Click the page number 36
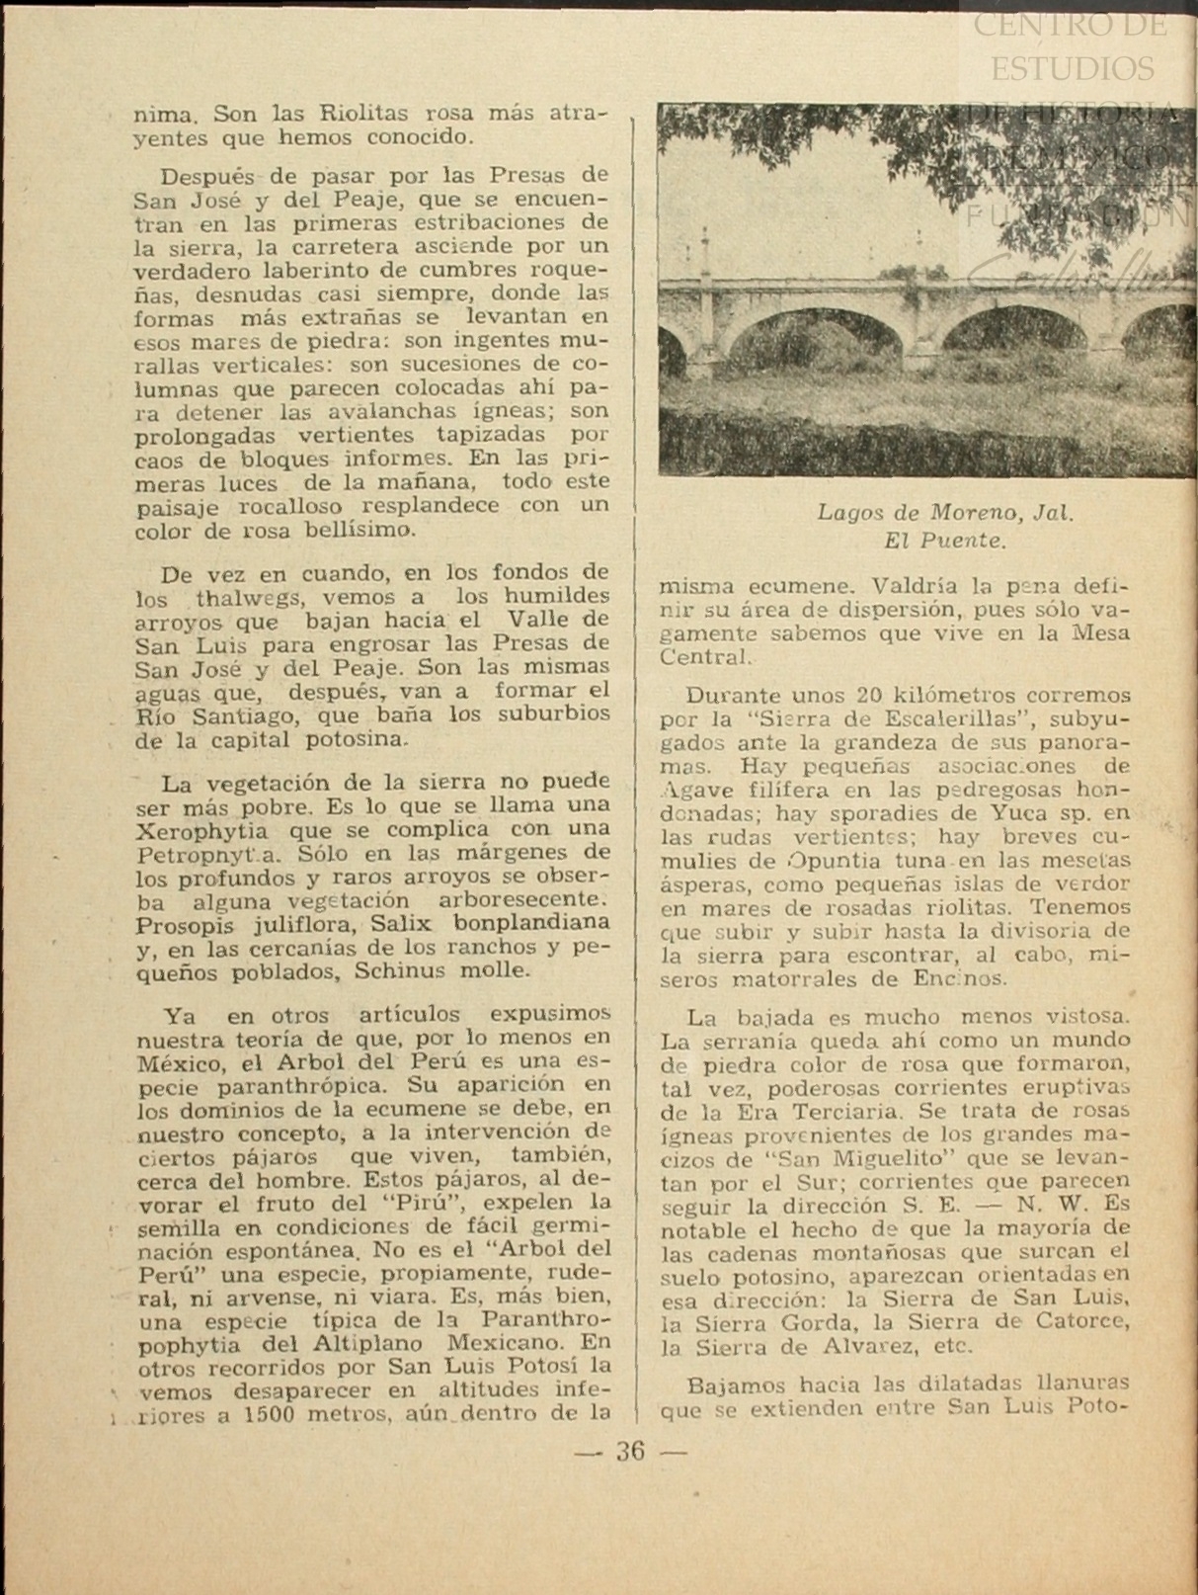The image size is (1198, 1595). (x=630, y=1452)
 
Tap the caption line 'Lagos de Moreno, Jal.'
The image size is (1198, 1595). (x=944, y=513)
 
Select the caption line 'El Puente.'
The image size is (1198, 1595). (x=944, y=541)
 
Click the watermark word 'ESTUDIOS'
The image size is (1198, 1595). (x=1072, y=68)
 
